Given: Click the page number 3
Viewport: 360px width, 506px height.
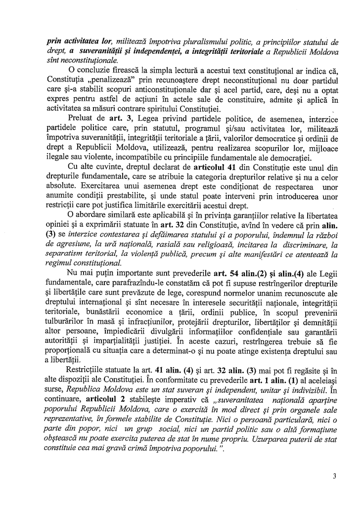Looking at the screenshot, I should (x=335, y=476).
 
